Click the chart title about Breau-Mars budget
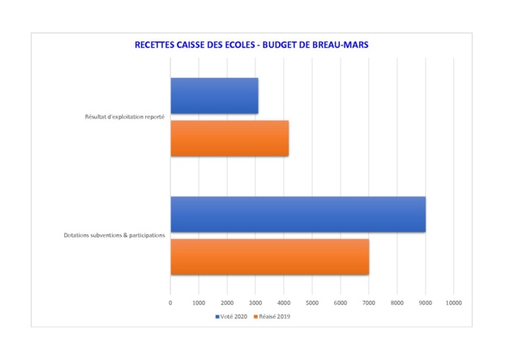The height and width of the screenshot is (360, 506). coord(251,45)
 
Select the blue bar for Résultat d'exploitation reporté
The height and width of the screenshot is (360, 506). coord(214,96)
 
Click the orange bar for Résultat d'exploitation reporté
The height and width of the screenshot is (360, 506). coord(229,137)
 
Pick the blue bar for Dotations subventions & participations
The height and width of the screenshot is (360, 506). coord(298,214)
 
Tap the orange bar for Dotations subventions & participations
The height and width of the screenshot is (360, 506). coord(269,256)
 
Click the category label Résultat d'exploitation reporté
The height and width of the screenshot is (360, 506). coord(125,117)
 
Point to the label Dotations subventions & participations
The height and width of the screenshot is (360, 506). coord(114,236)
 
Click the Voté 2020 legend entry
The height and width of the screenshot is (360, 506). coord(232,316)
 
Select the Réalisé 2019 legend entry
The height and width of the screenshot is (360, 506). coord(272,316)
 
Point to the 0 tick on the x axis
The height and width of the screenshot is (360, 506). coord(170,302)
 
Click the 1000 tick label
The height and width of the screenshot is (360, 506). coord(199,302)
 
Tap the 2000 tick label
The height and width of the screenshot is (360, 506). coord(227,302)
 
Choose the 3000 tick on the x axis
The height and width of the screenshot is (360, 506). coord(255,302)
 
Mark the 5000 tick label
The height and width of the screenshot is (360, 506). coord(312,302)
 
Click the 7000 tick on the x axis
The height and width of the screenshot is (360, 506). coord(369,302)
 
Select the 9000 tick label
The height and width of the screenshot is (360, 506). coord(426,302)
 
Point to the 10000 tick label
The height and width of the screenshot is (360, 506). coord(454,302)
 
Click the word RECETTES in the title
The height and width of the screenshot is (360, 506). coord(159,45)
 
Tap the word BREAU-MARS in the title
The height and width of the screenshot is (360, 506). coord(337,45)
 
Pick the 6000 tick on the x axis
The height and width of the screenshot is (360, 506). coord(341,302)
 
